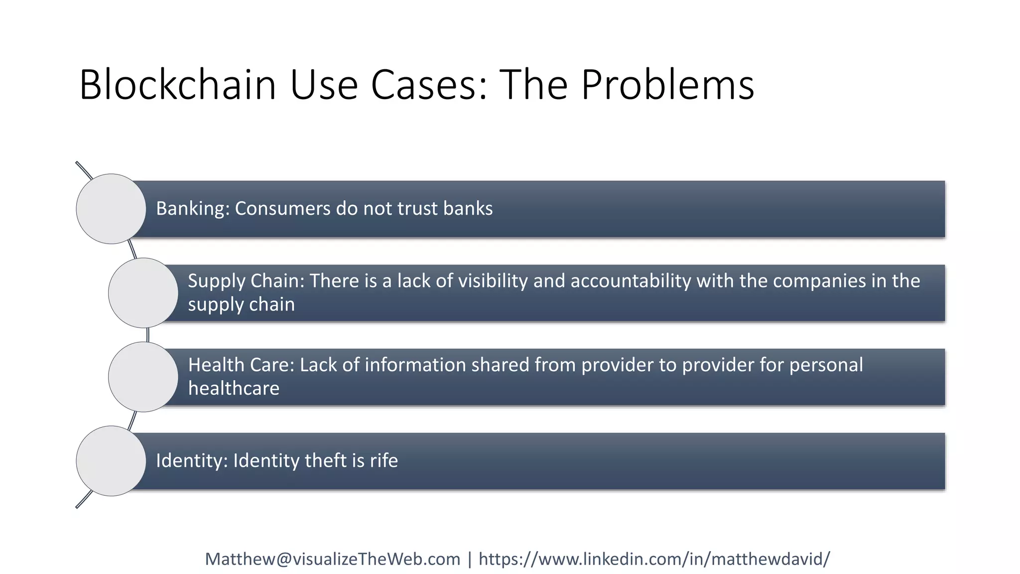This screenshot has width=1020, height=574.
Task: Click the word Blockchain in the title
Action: point(177,85)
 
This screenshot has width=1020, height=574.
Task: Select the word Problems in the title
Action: point(667,85)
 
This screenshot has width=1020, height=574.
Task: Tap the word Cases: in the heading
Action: point(429,85)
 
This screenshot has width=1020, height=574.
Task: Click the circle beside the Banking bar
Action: point(111,209)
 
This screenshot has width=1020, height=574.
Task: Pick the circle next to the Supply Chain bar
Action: point(143,292)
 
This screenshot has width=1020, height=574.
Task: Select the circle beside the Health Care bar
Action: point(143,377)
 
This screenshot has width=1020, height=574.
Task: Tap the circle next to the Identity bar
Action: point(111,461)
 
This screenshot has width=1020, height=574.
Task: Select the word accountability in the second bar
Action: point(631,281)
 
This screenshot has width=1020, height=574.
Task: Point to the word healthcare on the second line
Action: point(234,389)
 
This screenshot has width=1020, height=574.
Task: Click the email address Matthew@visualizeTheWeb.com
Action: point(333,559)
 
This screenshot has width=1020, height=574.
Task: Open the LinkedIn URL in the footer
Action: point(654,559)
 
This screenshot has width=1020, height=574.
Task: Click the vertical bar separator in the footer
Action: point(469,559)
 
